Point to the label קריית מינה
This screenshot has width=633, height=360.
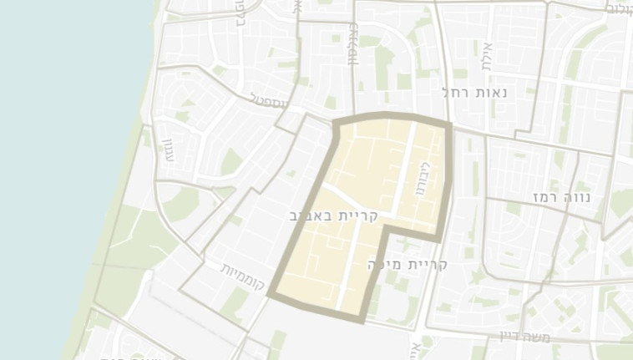pyautogui.click(x=408, y=265)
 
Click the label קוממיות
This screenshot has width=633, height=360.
pyautogui.click(x=243, y=276)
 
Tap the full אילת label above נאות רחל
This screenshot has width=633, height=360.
pyautogui.click(x=488, y=55)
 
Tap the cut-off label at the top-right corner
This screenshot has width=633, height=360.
pyautogui.click(x=619, y=8)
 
